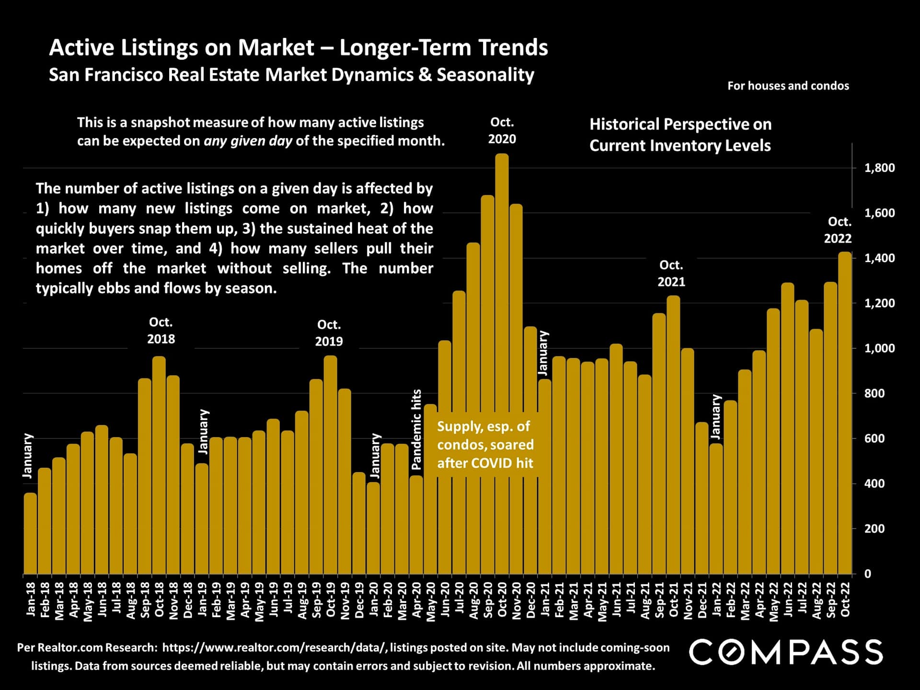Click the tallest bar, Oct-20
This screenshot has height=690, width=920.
[x=502, y=364]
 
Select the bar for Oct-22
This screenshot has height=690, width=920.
[x=845, y=412]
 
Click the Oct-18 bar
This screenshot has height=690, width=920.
[x=159, y=465]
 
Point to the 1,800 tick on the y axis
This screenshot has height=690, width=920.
[x=879, y=168]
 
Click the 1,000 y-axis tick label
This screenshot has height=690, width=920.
[x=879, y=348]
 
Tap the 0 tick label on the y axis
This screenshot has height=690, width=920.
[x=867, y=574]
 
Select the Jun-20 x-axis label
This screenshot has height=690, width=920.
[x=445, y=599]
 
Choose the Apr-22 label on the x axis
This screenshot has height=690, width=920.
[x=759, y=599]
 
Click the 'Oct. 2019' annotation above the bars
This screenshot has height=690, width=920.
[x=329, y=333]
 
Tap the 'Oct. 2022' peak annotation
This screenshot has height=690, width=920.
[x=838, y=230]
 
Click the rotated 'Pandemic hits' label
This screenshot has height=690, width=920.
[x=416, y=429]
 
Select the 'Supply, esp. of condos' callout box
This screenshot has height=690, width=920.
[x=485, y=445]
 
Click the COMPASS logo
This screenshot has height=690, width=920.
[x=786, y=652]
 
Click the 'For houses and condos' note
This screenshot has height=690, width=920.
[x=788, y=86]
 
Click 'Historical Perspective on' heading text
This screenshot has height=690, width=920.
[x=680, y=125]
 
